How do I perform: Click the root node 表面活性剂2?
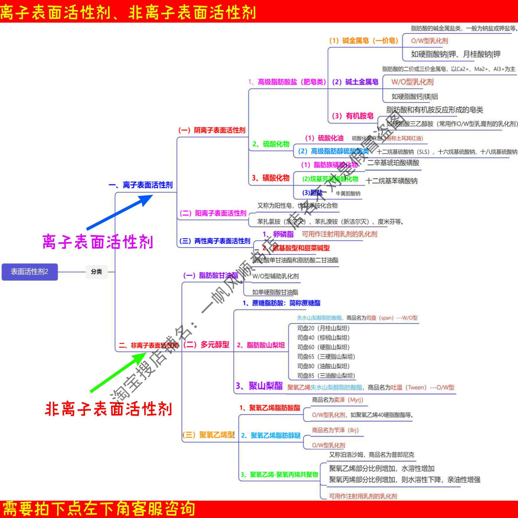click(29, 272)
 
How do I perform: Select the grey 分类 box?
click(96, 272)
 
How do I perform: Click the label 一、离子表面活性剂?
click(140, 185)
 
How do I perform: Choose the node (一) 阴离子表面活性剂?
click(212, 130)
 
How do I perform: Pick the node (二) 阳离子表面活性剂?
click(213, 213)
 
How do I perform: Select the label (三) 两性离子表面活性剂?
click(215, 241)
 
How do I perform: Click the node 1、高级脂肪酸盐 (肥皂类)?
click(287, 82)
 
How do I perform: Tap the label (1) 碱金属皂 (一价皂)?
click(364, 40)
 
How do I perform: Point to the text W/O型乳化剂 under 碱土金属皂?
click(412, 82)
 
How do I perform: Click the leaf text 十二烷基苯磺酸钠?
click(392, 181)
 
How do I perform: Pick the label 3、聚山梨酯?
click(259, 386)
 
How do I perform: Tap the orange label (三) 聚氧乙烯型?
click(208, 435)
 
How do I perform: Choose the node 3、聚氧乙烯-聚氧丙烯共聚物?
click(279, 475)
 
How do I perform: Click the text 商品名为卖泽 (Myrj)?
click(337, 400)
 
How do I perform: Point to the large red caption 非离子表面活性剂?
click(108, 409)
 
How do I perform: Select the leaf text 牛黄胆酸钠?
click(348, 193)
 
